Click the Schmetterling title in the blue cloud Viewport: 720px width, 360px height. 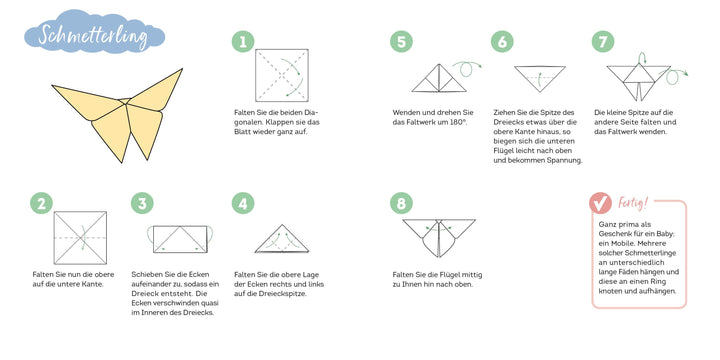point(89,37)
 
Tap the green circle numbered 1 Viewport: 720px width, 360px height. point(241,42)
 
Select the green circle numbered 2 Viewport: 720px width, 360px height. point(41,204)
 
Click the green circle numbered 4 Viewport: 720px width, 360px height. point(241,204)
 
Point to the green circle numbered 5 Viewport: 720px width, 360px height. point(402,42)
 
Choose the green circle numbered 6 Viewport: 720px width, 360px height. point(502,42)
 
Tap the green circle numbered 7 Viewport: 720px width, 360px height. point(602,42)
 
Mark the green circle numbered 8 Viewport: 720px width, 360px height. point(402,204)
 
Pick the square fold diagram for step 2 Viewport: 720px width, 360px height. point(81,237)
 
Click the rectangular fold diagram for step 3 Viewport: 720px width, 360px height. point(182,238)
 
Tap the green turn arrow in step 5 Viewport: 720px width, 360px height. point(462,68)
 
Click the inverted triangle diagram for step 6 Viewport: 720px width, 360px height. point(540,78)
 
